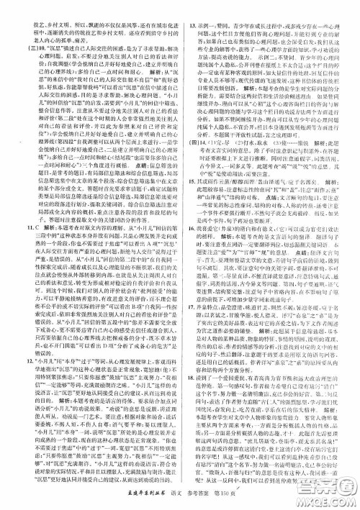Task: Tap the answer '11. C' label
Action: pyautogui.click(x=12, y=228)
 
